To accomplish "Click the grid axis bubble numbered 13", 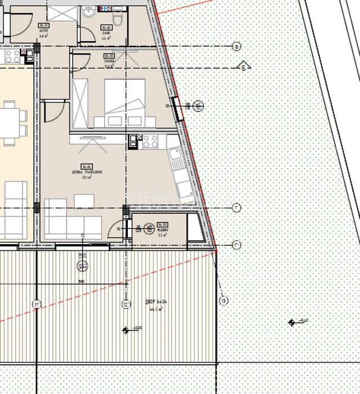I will click(224, 301).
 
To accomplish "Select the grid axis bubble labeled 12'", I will click(125, 305).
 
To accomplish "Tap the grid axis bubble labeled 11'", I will click(37, 305).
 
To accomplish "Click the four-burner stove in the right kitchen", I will click(149, 142).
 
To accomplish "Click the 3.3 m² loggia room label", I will click(162, 229).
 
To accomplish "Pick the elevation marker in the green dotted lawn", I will click(292, 323).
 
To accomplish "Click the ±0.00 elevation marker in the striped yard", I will click(126, 329).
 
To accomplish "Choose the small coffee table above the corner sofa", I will click(84, 200).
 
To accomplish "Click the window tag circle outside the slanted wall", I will click(198, 105).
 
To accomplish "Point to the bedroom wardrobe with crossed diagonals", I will click(80, 104).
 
